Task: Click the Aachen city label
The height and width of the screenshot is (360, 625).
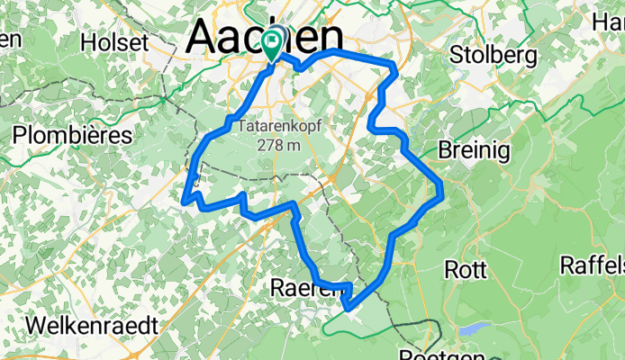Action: point(266,38)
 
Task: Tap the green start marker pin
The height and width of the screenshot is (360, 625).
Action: point(272,40)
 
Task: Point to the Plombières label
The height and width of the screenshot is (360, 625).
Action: point(72,135)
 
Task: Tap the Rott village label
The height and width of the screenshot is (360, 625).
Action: point(466,269)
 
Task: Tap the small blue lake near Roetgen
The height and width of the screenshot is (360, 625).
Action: point(474,329)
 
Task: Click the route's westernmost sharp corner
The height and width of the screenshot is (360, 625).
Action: point(185,200)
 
